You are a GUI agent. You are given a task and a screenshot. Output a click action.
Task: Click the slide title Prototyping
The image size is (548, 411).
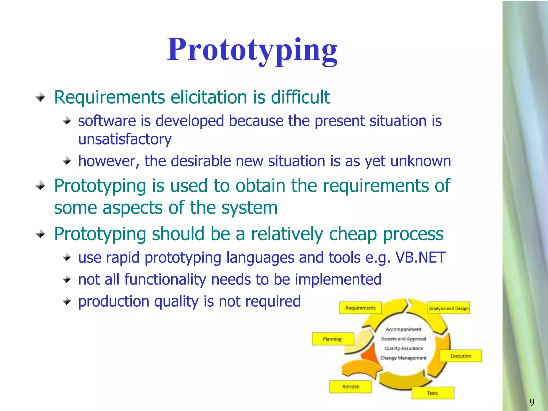[252, 50]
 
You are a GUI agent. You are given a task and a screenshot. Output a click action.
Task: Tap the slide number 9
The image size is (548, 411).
[532, 402]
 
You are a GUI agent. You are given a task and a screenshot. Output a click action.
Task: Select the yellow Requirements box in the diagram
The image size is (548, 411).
[360, 308]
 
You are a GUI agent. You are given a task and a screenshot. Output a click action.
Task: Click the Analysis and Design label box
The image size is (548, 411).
[449, 308]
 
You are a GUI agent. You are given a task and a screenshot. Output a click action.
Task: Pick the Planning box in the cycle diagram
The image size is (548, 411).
[332, 339]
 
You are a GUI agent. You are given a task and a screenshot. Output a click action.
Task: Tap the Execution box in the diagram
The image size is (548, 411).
[461, 356]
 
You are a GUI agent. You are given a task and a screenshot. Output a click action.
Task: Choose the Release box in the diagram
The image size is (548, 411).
[350, 387]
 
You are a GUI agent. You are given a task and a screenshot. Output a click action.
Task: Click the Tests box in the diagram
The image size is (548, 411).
[432, 393]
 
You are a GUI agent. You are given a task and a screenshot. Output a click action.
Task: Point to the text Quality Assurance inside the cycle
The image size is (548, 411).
[404, 348]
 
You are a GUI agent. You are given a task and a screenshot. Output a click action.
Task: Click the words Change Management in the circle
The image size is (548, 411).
[404, 358]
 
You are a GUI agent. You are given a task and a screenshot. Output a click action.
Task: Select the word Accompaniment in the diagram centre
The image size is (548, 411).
[404, 329]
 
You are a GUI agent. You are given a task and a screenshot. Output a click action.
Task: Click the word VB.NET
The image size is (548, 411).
[420, 257]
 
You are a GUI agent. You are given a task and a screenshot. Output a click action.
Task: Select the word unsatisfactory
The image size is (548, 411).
[125, 139]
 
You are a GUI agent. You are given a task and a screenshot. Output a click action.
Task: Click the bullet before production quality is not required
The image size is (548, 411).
[67, 302]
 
